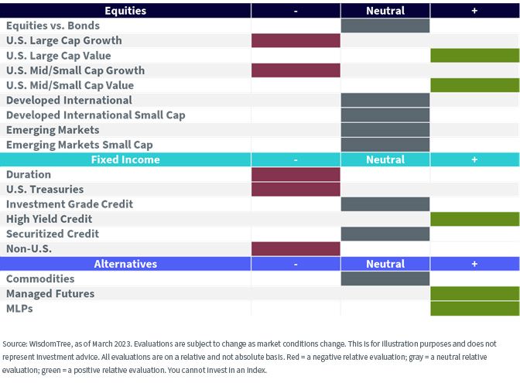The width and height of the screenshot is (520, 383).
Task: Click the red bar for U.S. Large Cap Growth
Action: [x=296, y=40]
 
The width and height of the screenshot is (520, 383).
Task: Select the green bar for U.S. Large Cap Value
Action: [x=475, y=56]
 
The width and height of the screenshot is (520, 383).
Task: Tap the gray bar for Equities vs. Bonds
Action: [x=385, y=26]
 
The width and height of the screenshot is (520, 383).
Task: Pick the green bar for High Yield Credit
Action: [x=475, y=219]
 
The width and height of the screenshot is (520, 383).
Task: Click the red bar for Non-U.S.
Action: [x=296, y=248]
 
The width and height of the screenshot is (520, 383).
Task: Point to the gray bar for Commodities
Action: [x=385, y=279]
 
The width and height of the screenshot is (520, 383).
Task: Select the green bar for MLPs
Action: [x=475, y=309]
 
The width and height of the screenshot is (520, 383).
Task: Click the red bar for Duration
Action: [x=296, y=174]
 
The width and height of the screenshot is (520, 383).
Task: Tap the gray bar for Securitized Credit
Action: [x=385, y=234]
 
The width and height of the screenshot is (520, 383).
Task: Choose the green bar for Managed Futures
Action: [x=475, y=293]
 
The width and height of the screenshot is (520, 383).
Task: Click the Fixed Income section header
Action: [x=125, y=159]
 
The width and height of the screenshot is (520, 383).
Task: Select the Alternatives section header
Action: [x=125, y=264]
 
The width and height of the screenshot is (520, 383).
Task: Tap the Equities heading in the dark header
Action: [x=125, y=11]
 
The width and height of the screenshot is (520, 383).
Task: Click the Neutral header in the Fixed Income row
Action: [x=385, y=159]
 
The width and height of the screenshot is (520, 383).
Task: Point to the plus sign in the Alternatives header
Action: [x=474, y=264]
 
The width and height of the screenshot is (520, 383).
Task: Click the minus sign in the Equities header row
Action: [x=296, y=12]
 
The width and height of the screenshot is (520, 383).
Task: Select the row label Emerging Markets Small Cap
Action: [x=80, y=145]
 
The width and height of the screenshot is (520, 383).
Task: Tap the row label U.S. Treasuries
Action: [x=45, y=190]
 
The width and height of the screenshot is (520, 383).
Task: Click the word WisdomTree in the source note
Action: [x=50, y=344]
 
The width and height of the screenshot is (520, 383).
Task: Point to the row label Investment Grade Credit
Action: [x=70, y=204]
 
